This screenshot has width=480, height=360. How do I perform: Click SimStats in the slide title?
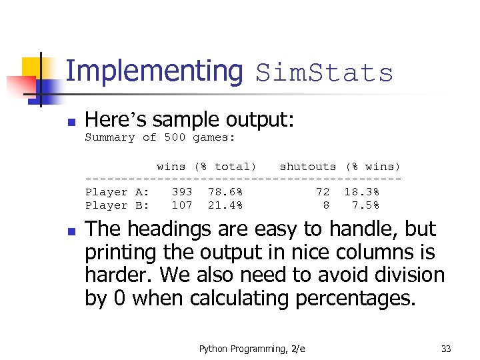[x=325, y=73]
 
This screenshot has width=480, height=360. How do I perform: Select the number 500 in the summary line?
[x=175, y=137]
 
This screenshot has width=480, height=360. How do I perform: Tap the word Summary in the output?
[x=110, y=137]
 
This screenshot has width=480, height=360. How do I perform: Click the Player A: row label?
[x=117, y=192]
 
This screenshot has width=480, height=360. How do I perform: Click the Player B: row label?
[x=117, y=205]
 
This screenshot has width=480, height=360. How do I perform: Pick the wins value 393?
[x=182, y=192]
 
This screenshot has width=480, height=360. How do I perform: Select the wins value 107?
[x=182, y=205]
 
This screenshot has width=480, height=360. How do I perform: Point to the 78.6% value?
[x=225, y=192]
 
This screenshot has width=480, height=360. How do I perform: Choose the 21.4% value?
[x=225, y=205]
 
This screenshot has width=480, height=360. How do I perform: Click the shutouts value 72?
[x=323, y=192]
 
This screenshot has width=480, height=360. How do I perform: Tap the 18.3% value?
[x=361, y=192]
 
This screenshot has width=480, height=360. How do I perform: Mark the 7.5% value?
[x=365, y=205]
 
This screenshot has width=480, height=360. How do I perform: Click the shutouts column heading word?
[x=307, y=167]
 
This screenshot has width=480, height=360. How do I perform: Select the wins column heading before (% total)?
[x=171, y=167]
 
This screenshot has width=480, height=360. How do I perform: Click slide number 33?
[x=446, y=349]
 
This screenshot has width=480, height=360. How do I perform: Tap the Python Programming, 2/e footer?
[x=252, y=349]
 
